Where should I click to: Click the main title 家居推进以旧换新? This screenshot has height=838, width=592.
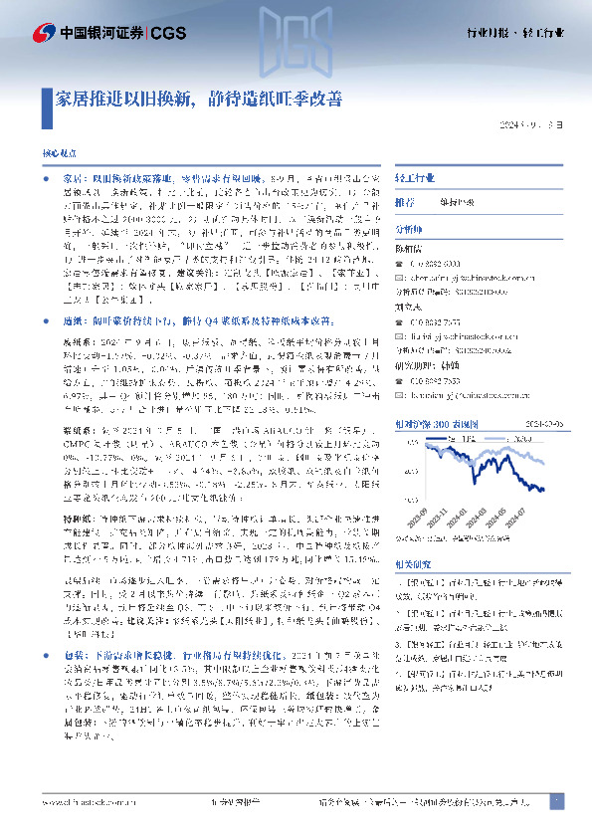point(200,100)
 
